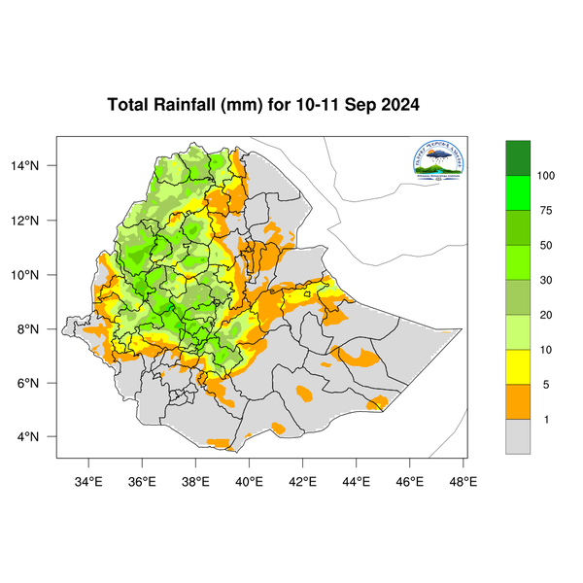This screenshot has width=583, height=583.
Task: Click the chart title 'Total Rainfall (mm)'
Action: tap(184, 105)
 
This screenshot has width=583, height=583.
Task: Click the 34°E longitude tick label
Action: tap(89, 480)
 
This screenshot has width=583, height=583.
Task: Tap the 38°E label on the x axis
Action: tap(196, 480)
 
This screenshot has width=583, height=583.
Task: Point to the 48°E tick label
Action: tap(463, 480)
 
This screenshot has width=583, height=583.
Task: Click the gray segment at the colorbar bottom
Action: tap(518, 437)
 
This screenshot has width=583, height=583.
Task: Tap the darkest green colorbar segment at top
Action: tap(518, 157)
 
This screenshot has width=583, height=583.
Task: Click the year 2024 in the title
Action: tap(395, 105)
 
